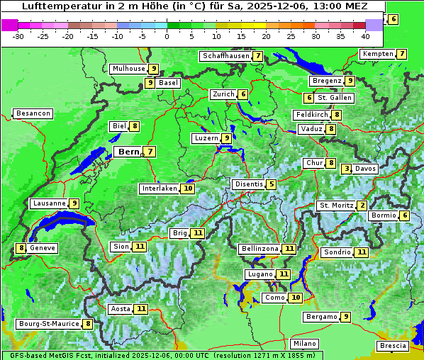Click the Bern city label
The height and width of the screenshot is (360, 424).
click(128, 152)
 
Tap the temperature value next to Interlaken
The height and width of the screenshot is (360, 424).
click(188, 189)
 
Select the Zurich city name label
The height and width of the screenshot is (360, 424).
click(223, 94)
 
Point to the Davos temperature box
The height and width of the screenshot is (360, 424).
click(347, 169)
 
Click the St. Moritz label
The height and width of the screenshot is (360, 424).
click(335, 206)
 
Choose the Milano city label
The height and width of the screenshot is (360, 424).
click(305, 344)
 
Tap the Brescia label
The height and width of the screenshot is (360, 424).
click(393, 346)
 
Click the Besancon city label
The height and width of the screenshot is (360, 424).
click(33, 113)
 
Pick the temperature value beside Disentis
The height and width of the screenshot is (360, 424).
click(272, 184)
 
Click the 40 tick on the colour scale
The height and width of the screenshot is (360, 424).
click(365, 35)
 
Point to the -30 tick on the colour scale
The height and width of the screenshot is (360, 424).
click(18, 35)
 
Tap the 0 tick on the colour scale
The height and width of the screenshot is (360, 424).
click(167, 35)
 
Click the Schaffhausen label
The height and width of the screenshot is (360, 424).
click(225, 55)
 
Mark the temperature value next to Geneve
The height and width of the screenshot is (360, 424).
click(22, 248)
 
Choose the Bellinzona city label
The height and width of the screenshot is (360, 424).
click(260, 249)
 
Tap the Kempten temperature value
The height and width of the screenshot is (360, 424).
click(402, 54)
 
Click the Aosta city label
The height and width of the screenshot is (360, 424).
click(121, 309)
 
